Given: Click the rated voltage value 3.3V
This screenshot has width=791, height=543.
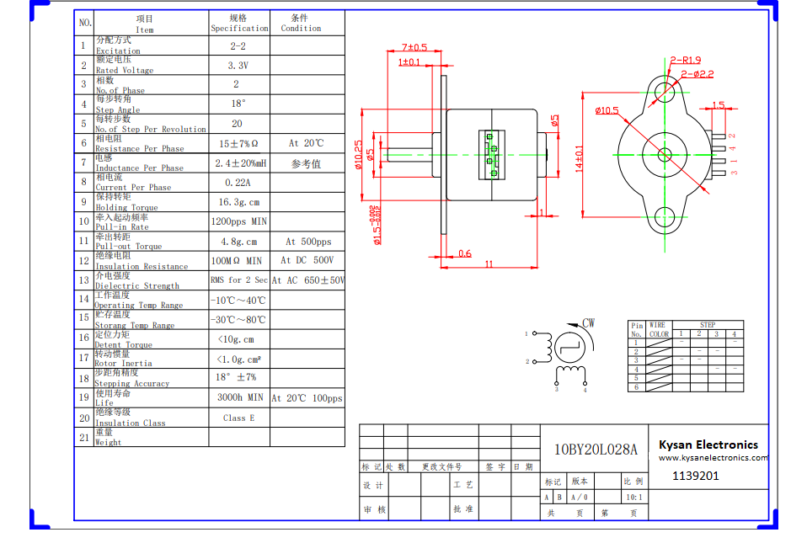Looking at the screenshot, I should coord(238,65).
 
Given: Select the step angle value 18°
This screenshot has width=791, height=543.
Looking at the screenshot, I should coord(238,104).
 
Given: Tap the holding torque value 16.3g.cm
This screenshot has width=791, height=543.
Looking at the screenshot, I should coord(239,202).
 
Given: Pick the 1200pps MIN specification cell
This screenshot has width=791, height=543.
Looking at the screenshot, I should coord(239,221).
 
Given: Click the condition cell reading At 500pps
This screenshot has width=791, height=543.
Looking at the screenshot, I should coord(308,242).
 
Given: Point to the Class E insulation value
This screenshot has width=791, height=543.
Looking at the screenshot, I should coord(238,418).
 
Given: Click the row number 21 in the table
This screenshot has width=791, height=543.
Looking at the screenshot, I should coord(84,437).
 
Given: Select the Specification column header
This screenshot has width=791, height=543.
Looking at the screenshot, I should coord(239,23).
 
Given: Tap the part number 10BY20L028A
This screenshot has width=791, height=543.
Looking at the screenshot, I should coord(596,450).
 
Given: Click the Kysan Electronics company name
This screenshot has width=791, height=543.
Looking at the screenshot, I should coord(708,445).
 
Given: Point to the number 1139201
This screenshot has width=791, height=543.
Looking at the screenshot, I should coord(696,476).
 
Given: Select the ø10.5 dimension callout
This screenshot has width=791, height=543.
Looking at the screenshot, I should coord(607,110).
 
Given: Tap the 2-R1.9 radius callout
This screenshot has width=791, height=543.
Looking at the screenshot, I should coord(686,60).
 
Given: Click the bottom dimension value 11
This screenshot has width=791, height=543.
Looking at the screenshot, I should coord(489,264).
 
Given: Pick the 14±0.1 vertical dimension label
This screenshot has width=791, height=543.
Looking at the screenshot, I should coord(579,158).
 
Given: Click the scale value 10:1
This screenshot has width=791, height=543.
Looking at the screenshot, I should coord(633,497).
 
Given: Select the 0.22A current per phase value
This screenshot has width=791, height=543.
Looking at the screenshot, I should coord(238,182).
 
